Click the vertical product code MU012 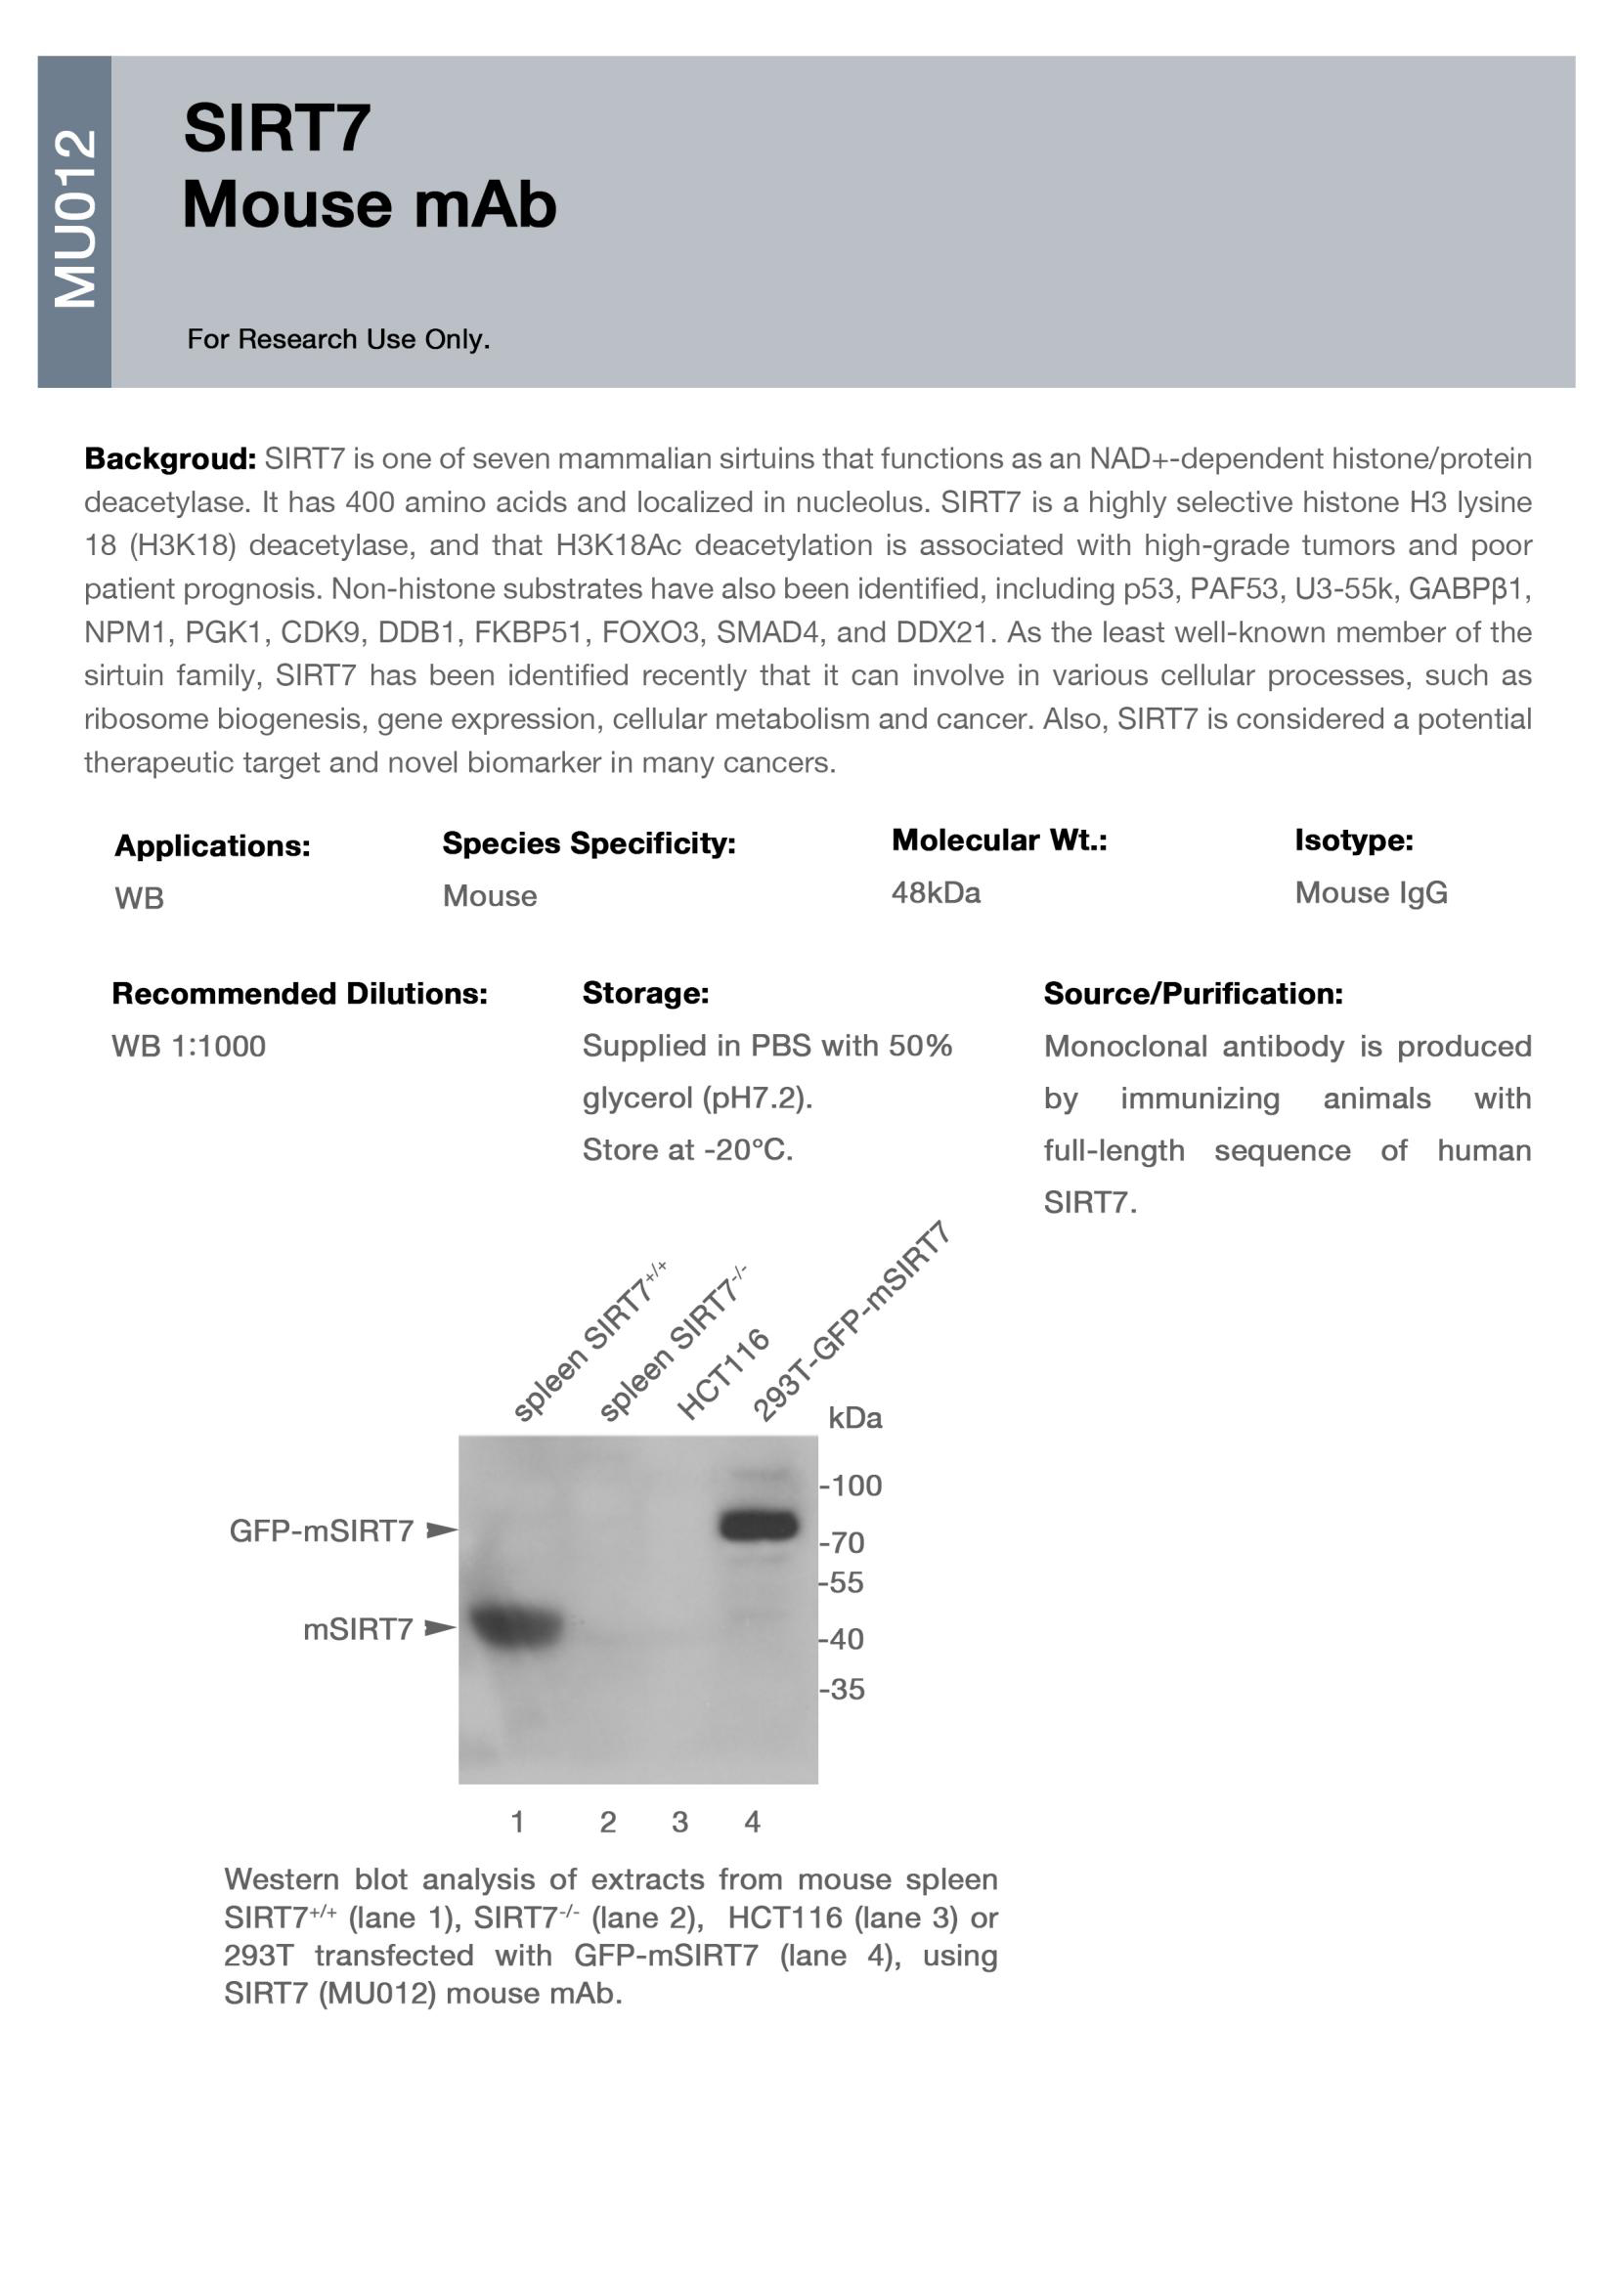click(75, 219)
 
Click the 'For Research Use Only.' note click(338, 339)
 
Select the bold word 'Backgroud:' click(170, 458)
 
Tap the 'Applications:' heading click(212, 845)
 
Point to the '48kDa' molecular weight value click(936, 892)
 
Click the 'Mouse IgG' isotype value click(1371, 892)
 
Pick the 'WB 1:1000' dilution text click(188, 1046)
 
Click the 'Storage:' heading click(645, 993)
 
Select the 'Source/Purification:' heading click(1193, 993)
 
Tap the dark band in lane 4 click(759, 1525)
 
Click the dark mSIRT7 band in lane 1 click(514, 1626)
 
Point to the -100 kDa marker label click(851, 1486)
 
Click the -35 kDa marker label click(842, 1688)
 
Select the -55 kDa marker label click(842, 1581)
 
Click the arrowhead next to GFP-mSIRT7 click(441, 1529)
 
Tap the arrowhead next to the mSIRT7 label click(440, 1628)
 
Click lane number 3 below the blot click(679, 1822)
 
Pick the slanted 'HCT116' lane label click(723, 1373)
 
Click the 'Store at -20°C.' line click(687, 1150)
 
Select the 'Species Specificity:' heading click(589, 843)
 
